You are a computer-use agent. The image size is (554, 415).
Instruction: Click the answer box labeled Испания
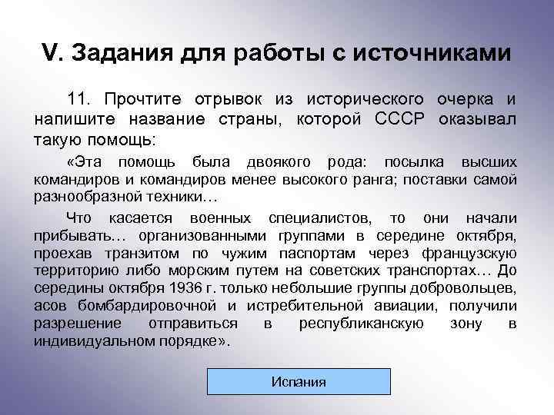click(x=298, y=381)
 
